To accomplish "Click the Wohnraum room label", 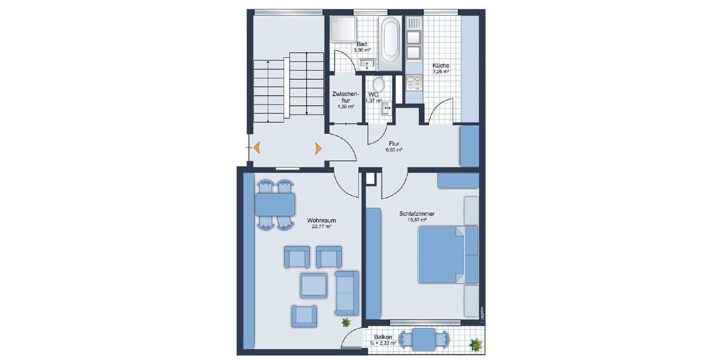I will (322, 220).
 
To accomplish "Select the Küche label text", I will (441, 65).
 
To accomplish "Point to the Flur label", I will (394, 144).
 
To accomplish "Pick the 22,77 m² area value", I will (322, 227).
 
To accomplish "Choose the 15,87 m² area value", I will (415, 220).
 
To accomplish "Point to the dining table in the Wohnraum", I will (275, 205).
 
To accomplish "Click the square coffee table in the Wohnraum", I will (314, 284).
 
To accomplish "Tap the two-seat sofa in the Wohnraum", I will (346, 292).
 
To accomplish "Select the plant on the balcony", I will (475, 345).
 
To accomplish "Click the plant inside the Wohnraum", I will (346, 323).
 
